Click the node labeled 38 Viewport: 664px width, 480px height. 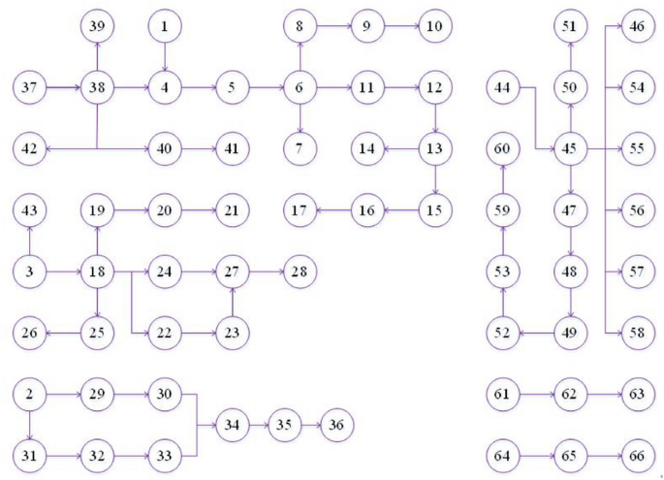coord(97,88)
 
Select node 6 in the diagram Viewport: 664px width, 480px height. coord(300,88)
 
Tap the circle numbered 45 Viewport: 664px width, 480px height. coord(570,148)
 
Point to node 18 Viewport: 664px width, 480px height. coord(97,272)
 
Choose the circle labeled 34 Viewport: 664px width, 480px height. coord(232,424)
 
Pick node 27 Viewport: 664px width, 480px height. coord(232,272)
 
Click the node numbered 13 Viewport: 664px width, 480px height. coord(435,148)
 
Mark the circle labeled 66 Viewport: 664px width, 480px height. coord(637,454)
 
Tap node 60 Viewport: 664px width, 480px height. coord(502,148)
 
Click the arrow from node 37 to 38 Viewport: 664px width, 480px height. coord(63,88)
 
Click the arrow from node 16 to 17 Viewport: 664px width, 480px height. coord(333,209)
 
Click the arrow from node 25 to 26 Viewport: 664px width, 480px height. coord(63,333)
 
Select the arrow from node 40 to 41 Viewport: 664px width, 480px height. coord(198,148)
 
